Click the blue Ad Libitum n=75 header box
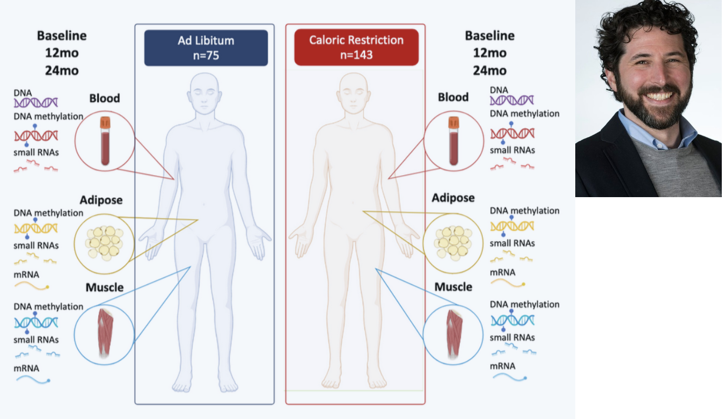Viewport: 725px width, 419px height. click(x=206, y=48)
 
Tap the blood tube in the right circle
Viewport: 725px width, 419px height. click(x=453, y=140)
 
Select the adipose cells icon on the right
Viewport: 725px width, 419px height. click(x=453, y=241)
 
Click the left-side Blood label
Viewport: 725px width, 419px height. click(x=105, y=98)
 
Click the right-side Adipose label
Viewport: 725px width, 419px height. click(x=453, y=198)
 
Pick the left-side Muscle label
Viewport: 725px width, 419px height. click(x=105, y=287)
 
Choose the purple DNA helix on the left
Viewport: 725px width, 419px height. click(x=36, y=102)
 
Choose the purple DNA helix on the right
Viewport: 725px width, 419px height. click(x=511, y=100)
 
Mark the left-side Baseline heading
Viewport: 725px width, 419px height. click(x=62, y=36)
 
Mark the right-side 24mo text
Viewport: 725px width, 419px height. click(x=489, y=70)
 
